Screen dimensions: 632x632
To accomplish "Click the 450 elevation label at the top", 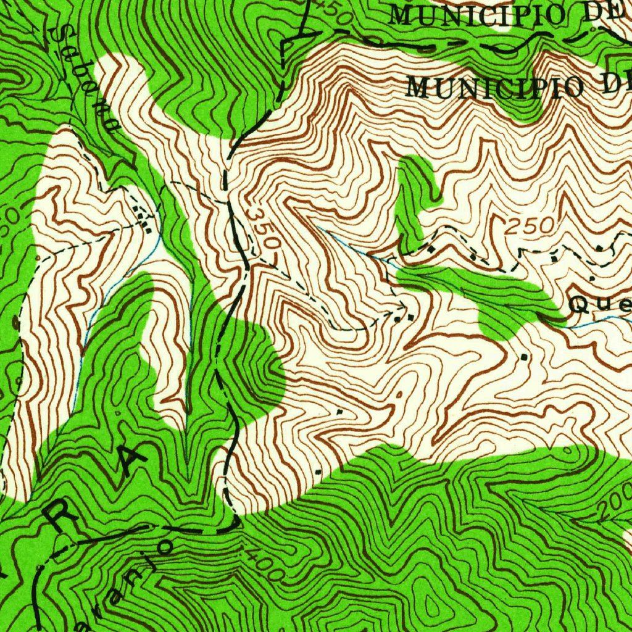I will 330,11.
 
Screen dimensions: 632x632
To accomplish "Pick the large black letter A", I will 130,460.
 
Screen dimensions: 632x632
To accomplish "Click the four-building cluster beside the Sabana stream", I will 144,220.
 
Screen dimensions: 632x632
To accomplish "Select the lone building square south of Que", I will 525,356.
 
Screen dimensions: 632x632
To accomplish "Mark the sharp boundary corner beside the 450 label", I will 285,42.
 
